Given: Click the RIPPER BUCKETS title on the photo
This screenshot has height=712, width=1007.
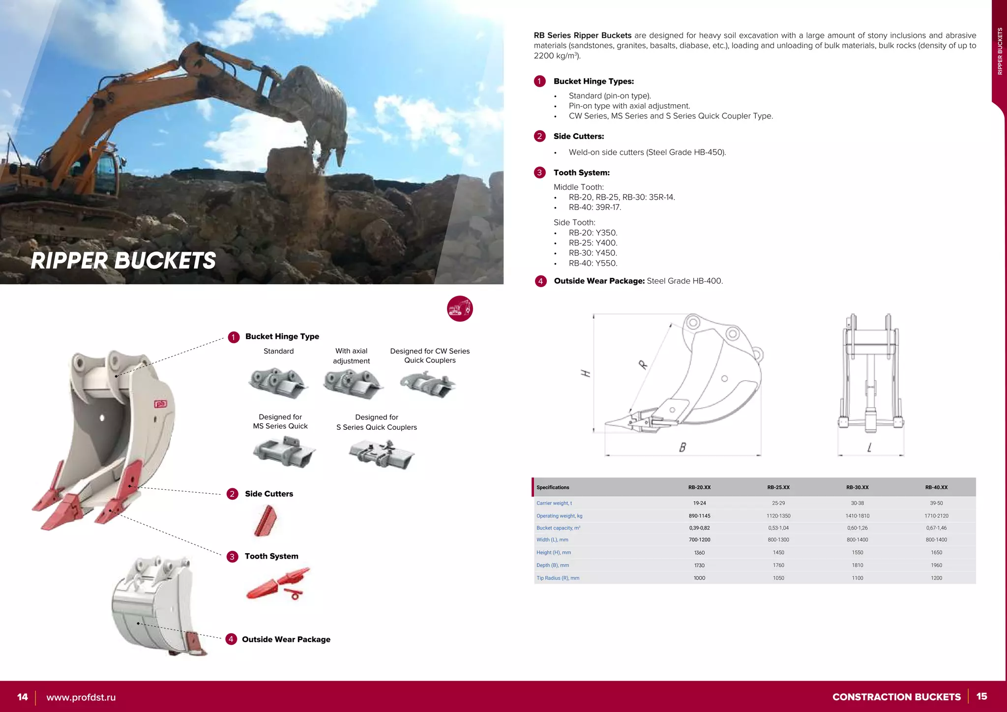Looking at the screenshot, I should pos(123,261).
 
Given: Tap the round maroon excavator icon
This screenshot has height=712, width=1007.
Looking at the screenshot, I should pos(460,309).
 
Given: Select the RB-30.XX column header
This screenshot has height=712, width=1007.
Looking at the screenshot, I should pos(857,487).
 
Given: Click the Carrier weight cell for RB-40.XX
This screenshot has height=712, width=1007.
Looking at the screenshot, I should pos(936,503).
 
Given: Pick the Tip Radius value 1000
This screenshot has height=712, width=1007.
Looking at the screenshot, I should pos(699,578).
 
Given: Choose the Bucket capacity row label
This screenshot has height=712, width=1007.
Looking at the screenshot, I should pos(558,528).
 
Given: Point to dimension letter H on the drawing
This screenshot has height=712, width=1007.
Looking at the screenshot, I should pos(586,373).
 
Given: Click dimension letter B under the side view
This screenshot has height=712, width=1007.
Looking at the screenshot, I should pos(682,447).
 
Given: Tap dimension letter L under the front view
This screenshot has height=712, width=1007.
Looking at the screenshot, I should pos(869,447).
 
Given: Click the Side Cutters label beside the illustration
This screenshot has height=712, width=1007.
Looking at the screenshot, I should pos(268,494).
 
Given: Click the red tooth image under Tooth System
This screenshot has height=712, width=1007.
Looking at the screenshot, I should pos(278,584).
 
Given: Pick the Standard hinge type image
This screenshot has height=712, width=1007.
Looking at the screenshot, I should pos(278,383).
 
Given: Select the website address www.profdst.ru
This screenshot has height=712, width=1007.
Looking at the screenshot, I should pos(81,697).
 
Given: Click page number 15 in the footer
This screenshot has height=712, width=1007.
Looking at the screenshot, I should pos(981,696).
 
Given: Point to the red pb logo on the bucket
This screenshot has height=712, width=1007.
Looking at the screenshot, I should pos(161,404).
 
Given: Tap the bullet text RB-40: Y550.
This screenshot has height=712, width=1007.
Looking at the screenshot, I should pos(592,263).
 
